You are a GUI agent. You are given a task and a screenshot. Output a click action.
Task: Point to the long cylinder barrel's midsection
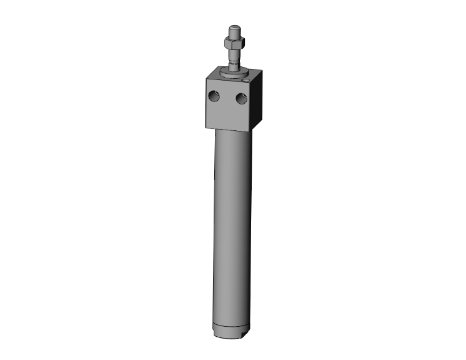233,225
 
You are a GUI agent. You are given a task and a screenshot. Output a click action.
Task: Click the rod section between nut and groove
234,57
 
